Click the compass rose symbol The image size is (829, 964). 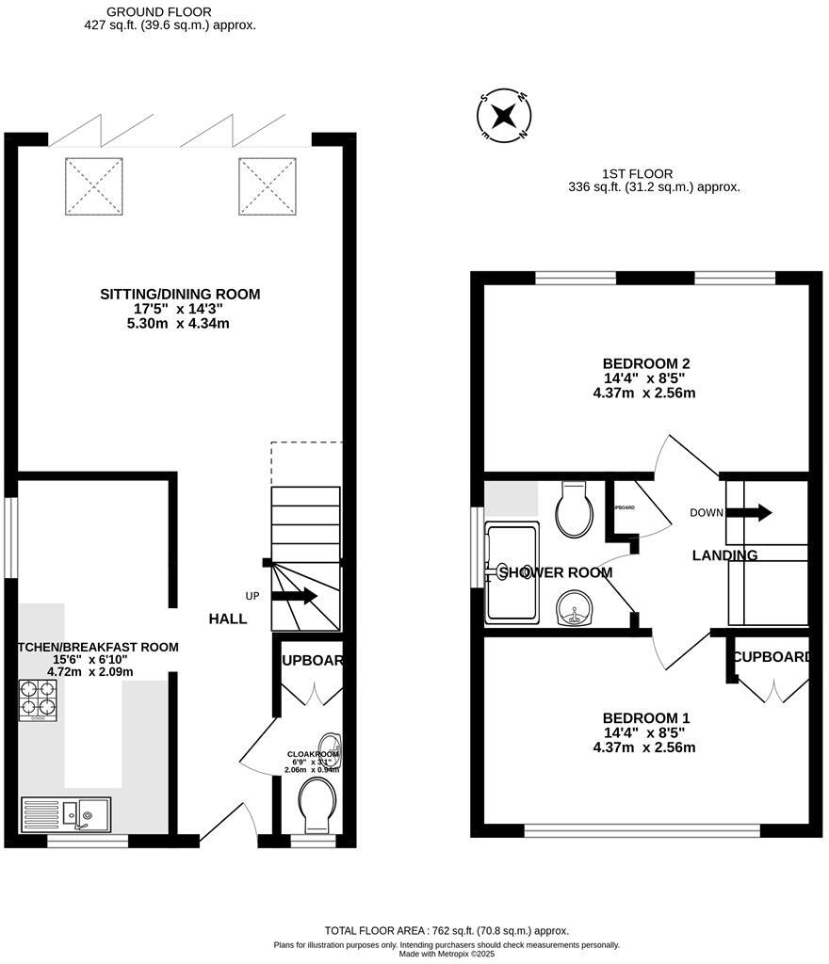point(504,117)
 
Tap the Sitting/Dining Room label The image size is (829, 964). point(180,295)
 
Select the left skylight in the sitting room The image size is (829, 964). point(93,185)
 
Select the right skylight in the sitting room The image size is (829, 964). point(267,185)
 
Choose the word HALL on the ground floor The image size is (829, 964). point(228,619)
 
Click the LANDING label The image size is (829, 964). point(724,555)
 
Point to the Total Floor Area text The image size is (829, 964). point(447,930)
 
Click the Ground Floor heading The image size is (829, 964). point(152,11)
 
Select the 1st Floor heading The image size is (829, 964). point(638,173)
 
